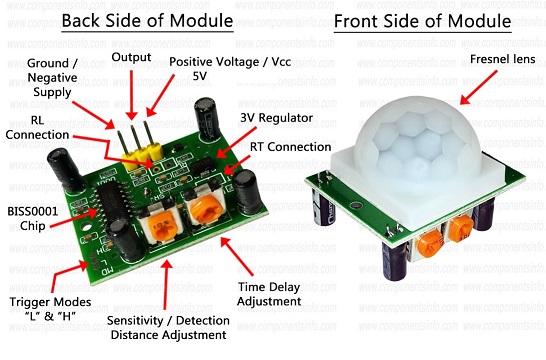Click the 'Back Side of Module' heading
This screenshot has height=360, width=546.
pos(147,21)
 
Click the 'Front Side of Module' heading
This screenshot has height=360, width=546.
pos(422,21)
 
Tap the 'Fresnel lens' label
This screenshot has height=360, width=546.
pos(502,59)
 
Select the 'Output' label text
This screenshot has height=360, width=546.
pos(131,57)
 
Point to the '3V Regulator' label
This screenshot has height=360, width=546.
pos(276,118)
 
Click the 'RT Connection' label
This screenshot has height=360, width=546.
pos(290,147)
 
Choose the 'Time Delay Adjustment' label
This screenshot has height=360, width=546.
pos(269,294)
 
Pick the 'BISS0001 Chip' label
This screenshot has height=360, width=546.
pos(33,219)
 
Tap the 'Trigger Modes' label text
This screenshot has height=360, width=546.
pos(50,302)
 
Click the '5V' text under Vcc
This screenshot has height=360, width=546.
pos(200,76)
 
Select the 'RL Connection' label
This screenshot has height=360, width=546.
pos(37,127)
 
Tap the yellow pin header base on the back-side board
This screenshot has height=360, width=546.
pos(143,157)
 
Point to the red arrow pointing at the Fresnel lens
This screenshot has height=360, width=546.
pos(479,87)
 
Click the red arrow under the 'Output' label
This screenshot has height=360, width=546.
pos(132,95)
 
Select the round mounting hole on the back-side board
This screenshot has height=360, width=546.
pos(86,227)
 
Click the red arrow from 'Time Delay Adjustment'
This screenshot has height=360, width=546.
pos(237,256)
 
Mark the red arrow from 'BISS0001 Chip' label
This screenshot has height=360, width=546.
pos(74,218)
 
